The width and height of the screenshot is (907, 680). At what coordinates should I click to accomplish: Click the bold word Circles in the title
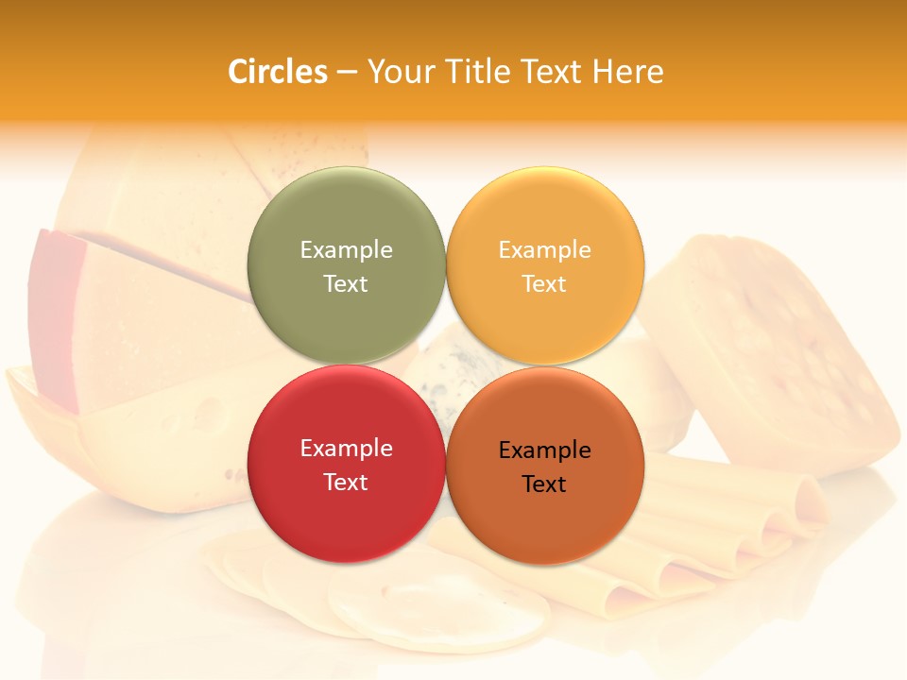coord(278,72)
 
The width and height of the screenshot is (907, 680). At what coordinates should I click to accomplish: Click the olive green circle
coord(346,217)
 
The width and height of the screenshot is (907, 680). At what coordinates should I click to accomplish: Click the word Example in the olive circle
coord(346,249)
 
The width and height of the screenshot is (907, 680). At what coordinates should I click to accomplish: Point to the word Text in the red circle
coord(346,482)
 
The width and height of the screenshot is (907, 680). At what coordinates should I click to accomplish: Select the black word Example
coord(545,450)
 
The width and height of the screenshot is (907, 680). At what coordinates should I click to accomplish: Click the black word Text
coord(544,484)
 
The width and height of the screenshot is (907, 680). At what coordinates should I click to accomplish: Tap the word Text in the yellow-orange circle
coord(544,283)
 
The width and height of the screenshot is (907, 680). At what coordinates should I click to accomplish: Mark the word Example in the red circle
coord(346,448)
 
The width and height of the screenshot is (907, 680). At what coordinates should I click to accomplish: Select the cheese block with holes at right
coord(775,349)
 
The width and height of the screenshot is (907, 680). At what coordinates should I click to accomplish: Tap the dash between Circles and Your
coord(347,73)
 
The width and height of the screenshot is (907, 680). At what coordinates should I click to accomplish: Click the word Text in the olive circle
coord(346,283)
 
